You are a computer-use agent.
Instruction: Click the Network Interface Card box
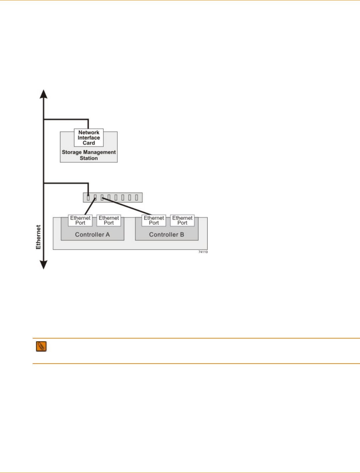coord(89,137)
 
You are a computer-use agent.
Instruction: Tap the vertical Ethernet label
coord(38,237)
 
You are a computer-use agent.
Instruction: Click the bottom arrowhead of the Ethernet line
coord(44,265)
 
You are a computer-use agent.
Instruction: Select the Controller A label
coord(92,234)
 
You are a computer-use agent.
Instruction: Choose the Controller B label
coord(166,234)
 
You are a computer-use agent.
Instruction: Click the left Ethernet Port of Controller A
coord(80,220)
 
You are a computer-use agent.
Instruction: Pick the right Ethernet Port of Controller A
coord(109,220)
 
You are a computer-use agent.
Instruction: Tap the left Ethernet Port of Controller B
coord(154,220)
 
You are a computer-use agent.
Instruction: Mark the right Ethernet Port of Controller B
coord(182,220)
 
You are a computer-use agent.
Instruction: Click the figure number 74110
coord(203,252)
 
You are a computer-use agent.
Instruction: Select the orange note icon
coord(41,347)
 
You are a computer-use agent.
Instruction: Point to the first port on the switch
coord(88,197)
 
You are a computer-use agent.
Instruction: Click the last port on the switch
coord(136,197)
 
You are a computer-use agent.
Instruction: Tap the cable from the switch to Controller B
coord(127,206)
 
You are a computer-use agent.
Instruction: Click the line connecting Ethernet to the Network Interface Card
coord(67,119)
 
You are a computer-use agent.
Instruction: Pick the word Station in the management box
coord(89,158)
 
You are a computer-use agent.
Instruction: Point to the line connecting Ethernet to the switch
coord(67,183)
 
